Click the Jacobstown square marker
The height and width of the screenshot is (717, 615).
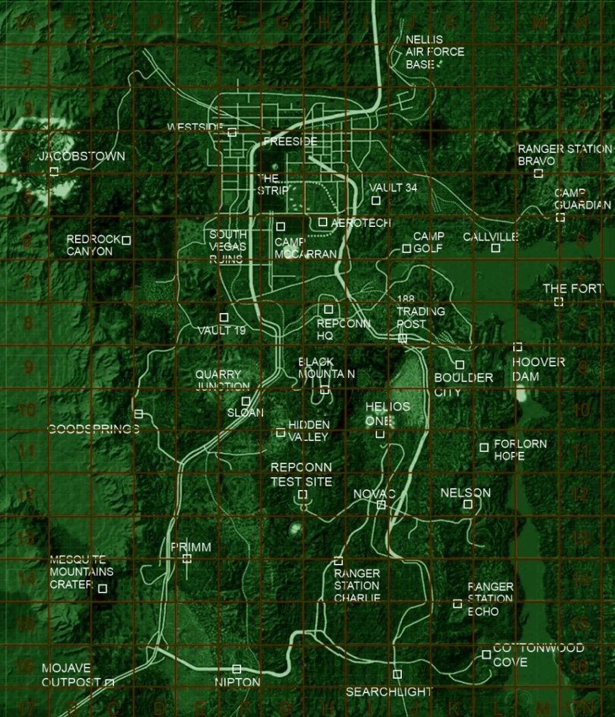click(54, 171)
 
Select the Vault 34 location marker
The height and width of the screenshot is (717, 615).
click(376, 200)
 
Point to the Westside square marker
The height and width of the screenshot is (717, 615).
click(232, 132)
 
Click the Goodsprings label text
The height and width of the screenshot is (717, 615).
click(94, 429)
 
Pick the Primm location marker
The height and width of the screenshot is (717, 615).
click(187, 558)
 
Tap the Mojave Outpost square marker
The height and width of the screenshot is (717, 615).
click(109, 682)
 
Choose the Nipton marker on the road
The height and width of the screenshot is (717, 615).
click(236, 668)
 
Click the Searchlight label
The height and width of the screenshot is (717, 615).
click(389, 692)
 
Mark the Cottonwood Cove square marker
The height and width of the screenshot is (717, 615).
click(486, 654)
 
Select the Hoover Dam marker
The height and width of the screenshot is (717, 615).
click(517, 347)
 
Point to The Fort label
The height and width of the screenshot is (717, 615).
click(573, 289)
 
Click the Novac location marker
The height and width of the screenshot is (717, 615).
click(381, 504)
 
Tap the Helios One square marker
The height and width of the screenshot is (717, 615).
click(380, 434)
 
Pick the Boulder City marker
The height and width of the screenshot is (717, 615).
click(460, 365)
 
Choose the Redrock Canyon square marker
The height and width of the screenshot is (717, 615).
click(126, 240)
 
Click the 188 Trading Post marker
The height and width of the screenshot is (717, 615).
click(402, 338)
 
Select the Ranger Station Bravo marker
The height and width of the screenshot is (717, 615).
click(538, 174)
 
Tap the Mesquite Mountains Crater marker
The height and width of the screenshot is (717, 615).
click(102, 589)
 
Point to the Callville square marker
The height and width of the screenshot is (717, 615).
click(495, 247)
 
